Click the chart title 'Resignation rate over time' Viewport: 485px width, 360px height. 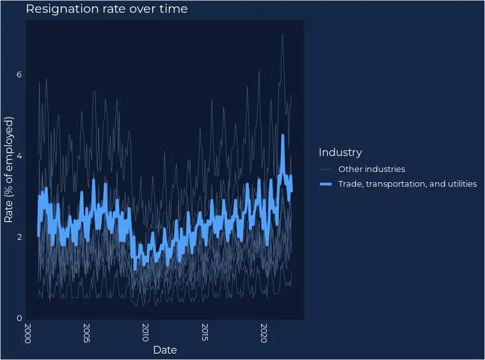(x=107, y=9)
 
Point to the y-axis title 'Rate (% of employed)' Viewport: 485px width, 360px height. (x=9, y=169)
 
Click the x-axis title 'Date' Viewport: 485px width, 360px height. (x=164, y=350)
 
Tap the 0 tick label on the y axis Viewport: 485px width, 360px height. (x=19, y=318)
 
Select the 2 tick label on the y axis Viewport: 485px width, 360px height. (x=19, y=237)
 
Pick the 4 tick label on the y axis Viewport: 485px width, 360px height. (x=19, y=156)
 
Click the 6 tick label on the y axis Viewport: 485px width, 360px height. (x=19, y=75)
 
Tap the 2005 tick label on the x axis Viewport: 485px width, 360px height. (x=86, y=333)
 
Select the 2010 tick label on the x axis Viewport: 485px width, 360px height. (x=145, y=333)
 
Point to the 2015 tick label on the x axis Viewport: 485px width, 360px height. (x=205, y=333)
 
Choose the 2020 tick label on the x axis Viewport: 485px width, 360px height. (x=264, y=333)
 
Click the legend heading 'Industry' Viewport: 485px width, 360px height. (x=340, y=152)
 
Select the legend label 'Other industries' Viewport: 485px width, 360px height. (x=372, y=169)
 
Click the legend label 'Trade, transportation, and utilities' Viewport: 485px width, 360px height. (x=408, y=184)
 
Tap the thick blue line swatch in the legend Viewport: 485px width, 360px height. (x=326, y=184)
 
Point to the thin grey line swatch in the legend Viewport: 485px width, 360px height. (x=326, y=169)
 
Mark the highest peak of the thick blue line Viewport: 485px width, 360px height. (x=283, y=136)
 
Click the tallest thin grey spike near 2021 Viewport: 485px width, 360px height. (x=282, y=34)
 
